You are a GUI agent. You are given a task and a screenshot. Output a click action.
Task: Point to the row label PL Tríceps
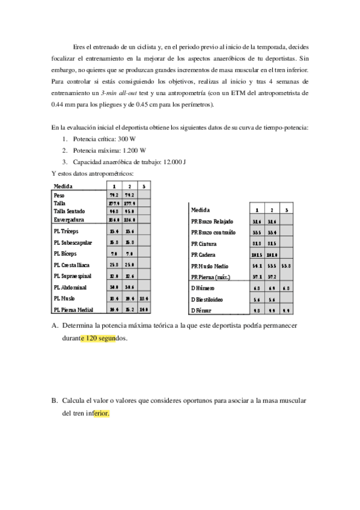tap(66, 231)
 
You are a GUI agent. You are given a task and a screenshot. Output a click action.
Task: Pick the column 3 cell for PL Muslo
tap(144, 298)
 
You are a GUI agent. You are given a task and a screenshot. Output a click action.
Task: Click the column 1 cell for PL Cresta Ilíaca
tap(114, 265)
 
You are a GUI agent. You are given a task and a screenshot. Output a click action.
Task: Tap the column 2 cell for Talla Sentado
tap(129, 212)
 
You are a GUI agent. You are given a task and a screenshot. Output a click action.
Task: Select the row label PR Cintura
tap(204, 244)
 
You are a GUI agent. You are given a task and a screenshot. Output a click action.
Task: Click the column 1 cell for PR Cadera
tap(257, 254)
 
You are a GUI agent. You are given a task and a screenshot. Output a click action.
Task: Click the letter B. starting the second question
tap(54, 401)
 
